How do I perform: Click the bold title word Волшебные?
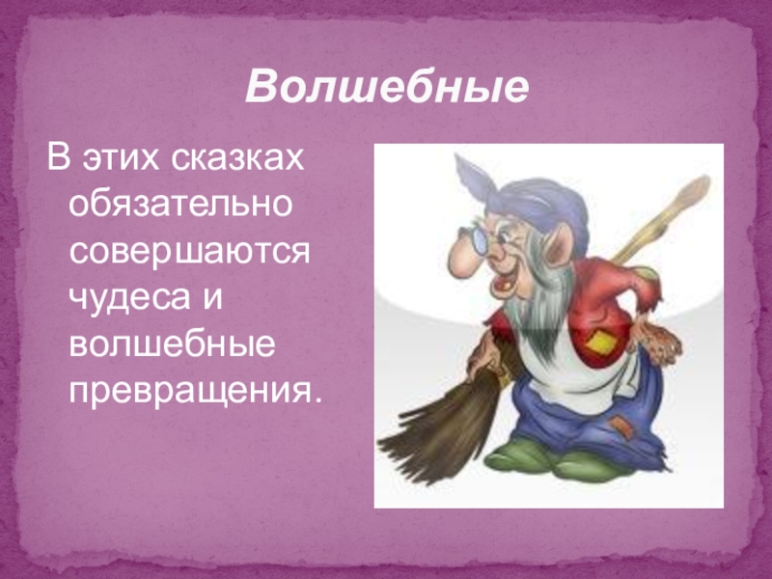click(387, 88)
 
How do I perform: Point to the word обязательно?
click(181, 204)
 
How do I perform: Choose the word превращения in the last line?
click(193, 390)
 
